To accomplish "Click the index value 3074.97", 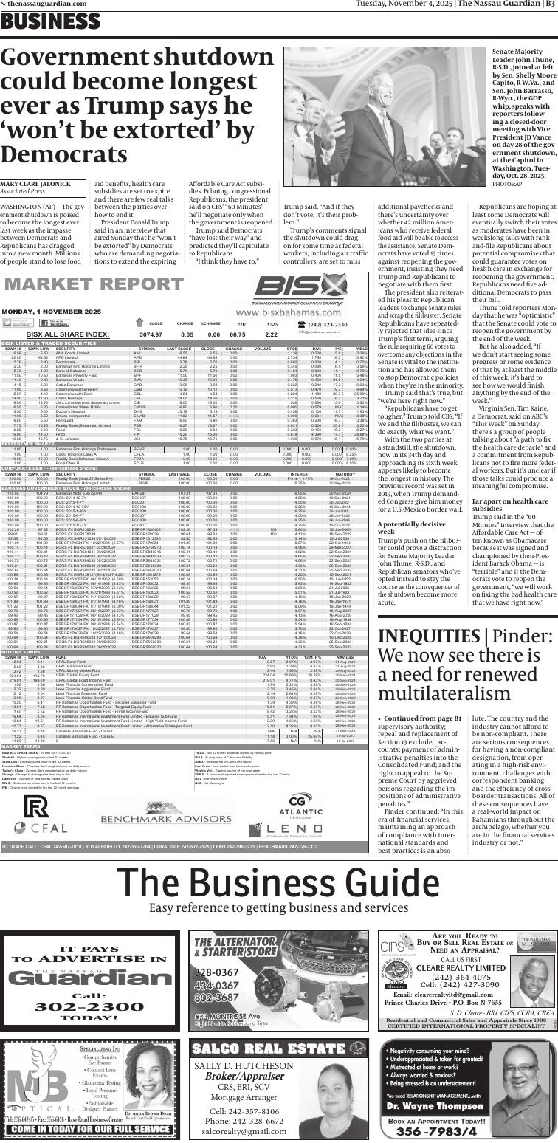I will (x=151, y=334).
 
